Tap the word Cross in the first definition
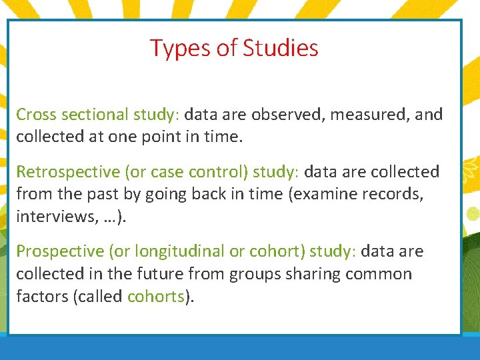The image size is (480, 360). pyautogui.click(x=37, y=115)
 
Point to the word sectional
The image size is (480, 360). pyautogui.click(x=95, y=115)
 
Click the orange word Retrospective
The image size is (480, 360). pyautogui.click(x=68, y=172)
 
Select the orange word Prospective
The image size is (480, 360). pyautogui.click(x=61, y=251)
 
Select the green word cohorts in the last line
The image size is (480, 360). pyautogui.click(x=155, y=296)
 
